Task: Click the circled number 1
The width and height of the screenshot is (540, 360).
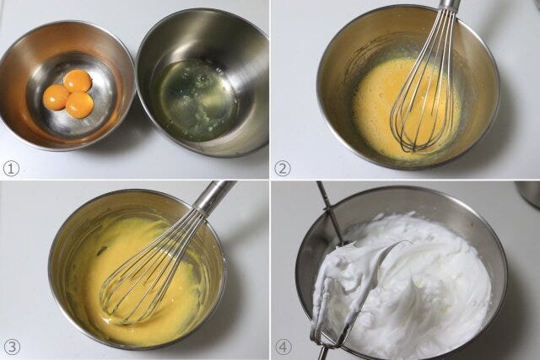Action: coord(11,169)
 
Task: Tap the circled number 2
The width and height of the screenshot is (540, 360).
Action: coord(283,169)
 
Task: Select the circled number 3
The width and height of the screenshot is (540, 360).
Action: coord(11,347)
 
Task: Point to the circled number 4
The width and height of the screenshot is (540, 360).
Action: coord(283,347)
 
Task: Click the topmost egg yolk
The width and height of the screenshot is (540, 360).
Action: coord(78,81)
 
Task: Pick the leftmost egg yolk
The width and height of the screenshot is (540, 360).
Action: coord(57,98)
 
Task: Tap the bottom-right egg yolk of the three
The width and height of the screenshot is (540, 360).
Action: coord(79,105)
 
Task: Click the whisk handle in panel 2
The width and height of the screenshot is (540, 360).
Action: coord(448,5)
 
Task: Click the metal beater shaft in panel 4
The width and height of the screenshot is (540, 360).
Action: coord(329,213)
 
